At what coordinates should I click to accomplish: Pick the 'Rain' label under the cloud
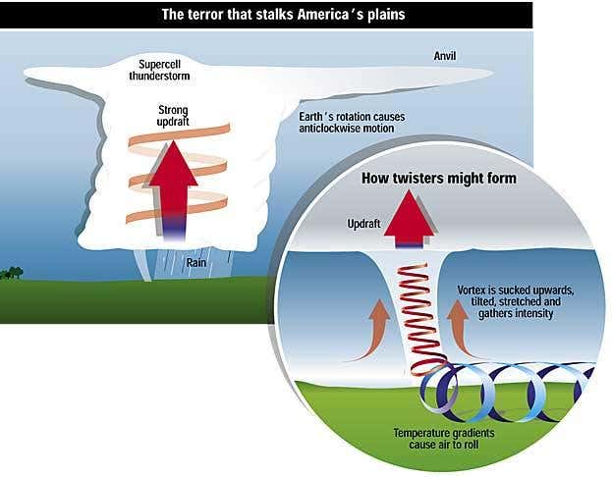[195, 263]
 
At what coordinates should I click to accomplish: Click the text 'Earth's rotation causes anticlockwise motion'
[361, 122]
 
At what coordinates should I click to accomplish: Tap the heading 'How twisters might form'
[438, 179]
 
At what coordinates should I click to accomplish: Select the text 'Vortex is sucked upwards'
[515, 291]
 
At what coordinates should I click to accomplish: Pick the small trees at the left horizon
[11, 272]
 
